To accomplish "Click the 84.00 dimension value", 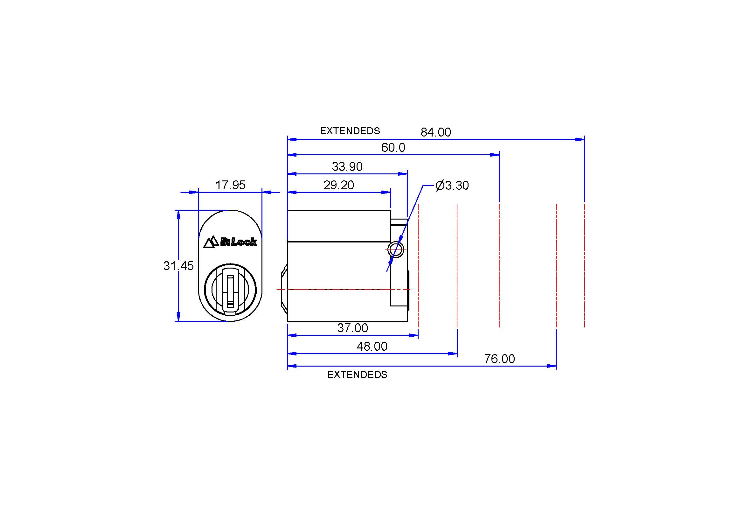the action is click(435, 132).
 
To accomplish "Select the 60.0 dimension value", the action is click(393, 148).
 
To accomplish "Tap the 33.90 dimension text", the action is click(347, 167).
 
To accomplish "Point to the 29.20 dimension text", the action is click(339, 185).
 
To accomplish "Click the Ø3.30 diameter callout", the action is click(452, 186).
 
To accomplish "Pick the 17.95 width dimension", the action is click(230, 185).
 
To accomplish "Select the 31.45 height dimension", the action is click(178, 266).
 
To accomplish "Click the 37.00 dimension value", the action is click(352, 328).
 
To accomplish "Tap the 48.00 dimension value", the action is click(372, 347).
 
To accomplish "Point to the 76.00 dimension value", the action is click(499, 359).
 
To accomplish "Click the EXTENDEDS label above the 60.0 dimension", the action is click(350, 131).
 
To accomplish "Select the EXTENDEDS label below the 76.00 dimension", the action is click(358, 375).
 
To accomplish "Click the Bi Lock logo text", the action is click(239, 242).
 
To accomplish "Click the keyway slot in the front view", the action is click(230, 291).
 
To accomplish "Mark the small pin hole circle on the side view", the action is click(396, 249).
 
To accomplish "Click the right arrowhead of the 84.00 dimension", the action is click(580, 139).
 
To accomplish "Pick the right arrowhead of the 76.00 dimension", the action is click(552, 366).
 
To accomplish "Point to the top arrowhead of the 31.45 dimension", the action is click(178, 215).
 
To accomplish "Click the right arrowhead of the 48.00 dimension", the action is click(452, 354).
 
